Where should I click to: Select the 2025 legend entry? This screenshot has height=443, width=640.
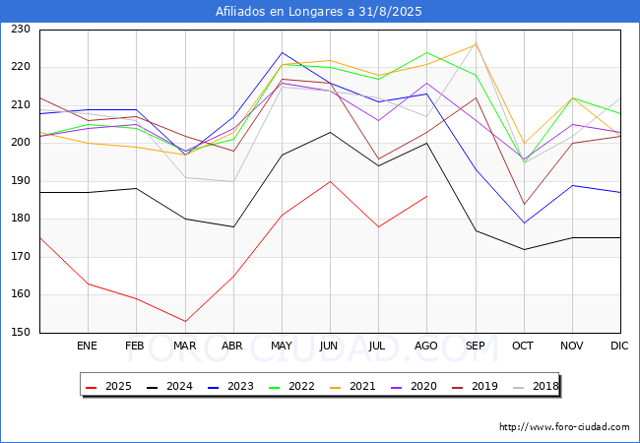coord(109,386)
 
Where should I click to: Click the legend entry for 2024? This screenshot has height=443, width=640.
coord(169,386)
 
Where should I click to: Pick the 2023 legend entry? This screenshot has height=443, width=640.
coord(231,386)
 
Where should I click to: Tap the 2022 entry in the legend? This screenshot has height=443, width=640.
coord(291,386)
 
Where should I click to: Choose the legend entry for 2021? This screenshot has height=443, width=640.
coord(352,386)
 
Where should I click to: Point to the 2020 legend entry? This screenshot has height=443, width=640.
coord(414,386)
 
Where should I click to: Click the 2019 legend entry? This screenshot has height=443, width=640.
coord(475,386)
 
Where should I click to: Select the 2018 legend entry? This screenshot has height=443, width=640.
coord(536,386)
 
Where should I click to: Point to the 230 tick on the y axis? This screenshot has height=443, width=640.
coord(21,29)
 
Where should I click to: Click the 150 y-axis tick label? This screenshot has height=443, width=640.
coord(21,332)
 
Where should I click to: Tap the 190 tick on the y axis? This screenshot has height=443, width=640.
coord(21,181)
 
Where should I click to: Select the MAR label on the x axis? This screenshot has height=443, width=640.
coord(184,346)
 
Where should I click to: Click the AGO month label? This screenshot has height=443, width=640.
coord(426,346)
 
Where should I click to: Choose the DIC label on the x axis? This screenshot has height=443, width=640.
coord(619,346)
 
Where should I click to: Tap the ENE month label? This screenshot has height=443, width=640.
coord(87,346)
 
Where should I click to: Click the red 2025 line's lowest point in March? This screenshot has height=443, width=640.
coord(185,322)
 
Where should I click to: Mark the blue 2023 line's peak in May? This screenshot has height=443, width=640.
coord(282,52)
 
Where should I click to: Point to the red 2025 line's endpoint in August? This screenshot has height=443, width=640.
coord(427,196)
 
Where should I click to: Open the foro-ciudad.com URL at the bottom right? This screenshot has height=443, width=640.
coord(564,427)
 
